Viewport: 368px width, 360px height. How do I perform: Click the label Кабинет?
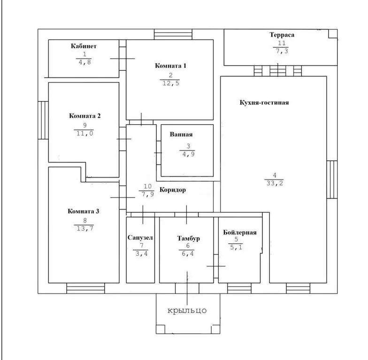[84, 46]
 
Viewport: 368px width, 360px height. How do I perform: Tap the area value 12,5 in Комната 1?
[171, 83]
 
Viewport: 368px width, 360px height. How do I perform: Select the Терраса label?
[282, 35]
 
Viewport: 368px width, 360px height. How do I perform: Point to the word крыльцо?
[187, 311]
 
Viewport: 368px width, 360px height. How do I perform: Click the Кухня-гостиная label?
[264, 102]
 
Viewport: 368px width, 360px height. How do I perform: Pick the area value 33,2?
[275, 183]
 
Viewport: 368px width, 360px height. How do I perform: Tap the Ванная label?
[181, 134]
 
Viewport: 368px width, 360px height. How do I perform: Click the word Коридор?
[173, 189]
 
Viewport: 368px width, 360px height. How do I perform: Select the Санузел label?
[140, 237]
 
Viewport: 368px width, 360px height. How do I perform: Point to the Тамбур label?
[189, 238]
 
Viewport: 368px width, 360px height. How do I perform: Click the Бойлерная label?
[239, 232]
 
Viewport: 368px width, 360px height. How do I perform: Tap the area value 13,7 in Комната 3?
[85, 228]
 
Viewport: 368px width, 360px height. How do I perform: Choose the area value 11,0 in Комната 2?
[84, 133]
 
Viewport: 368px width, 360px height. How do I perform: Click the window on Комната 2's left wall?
[43, 120]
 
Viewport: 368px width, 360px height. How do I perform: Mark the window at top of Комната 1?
[173, 35]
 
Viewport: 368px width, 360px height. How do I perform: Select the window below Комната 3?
[85, 288]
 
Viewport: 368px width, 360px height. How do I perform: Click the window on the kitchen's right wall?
[332, 180]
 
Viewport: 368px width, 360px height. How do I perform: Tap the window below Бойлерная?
[239, 288]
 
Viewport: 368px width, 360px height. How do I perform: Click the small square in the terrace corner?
[333, 34]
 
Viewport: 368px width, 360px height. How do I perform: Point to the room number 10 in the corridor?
[147, 186]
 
